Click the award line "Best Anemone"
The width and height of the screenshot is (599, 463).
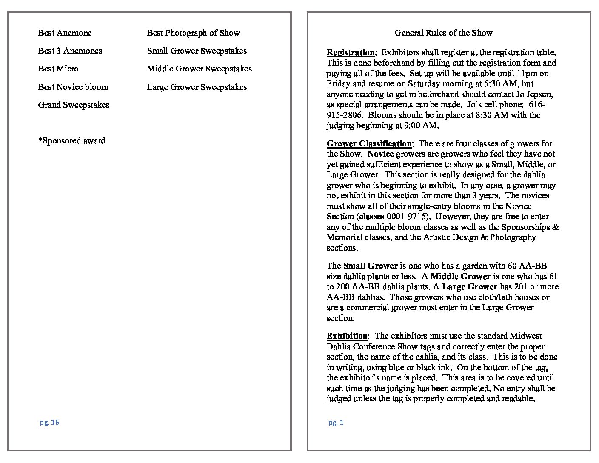click(65, 33)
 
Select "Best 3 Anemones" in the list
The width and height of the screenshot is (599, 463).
click(70, 51)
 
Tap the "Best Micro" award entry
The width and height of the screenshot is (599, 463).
click(58, 69)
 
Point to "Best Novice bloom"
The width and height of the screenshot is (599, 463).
click(73, 87)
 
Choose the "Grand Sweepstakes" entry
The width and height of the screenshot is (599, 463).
click(74, 105)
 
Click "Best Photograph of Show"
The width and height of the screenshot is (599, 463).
click(194, 33)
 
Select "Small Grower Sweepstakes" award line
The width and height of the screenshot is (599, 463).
click(197, 51)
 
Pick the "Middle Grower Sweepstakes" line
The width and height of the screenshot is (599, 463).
click(200, 69)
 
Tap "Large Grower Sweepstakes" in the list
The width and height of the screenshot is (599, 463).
click(197, 87)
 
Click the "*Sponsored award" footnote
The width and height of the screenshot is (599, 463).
click(71, 141)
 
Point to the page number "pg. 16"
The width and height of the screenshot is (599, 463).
click(49, 422)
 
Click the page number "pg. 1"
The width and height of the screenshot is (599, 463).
click(336, 422)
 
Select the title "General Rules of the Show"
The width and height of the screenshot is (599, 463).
click(443, 33)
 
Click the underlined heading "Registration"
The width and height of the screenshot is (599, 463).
click(351, 53)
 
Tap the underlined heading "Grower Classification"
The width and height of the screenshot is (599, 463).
click(369, 144)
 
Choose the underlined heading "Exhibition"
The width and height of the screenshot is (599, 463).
click(347, 336)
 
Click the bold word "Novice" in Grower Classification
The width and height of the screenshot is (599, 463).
click(380, 154)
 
